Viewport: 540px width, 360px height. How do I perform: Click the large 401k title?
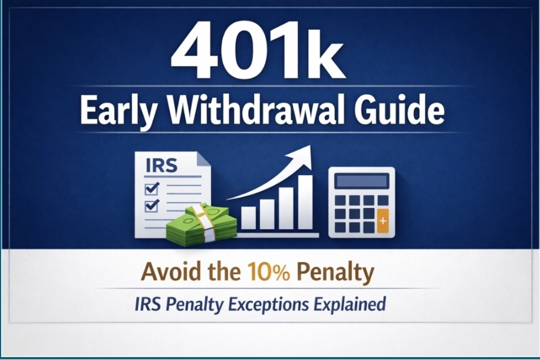pyautogui.click(x=258, y=49)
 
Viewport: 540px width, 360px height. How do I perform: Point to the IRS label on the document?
pyautogui.click(x=161, y=165)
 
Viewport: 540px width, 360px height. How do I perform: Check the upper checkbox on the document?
pyautogui.click(x=152, y=189)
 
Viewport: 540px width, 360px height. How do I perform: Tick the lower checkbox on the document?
pyautogui.click(x=152, y=206)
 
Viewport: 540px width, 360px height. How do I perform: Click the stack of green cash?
pyautogui.click(x=202, y=224)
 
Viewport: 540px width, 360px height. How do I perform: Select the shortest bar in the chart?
pyautogui.click(x=248, y=218)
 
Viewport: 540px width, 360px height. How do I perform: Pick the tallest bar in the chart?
pyautogui.click(x=305, y=202)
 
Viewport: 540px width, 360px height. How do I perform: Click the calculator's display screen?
pyautogui.click(x=361, y=181)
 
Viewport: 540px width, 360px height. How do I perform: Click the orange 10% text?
pyautogui.click(x=269, y=272)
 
